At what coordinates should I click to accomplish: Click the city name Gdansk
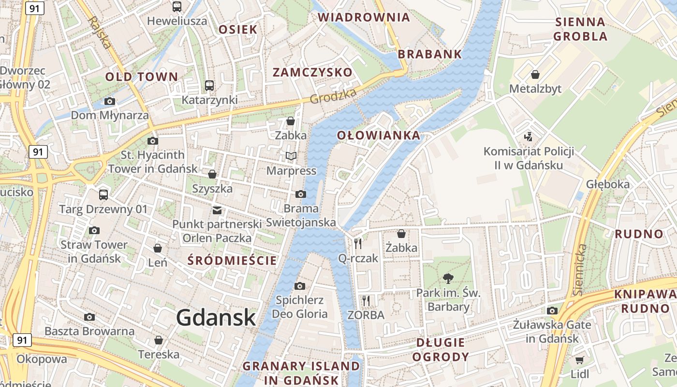pos(216,318)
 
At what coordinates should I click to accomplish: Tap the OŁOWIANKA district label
pos(379,135)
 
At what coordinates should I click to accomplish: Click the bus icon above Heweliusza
pos(177,7)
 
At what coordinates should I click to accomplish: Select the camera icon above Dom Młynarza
pos(110,101)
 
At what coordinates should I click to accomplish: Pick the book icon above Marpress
pos(291,156)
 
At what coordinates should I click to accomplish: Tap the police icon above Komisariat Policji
pos(529,137)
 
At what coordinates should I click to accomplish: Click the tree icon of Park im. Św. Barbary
pos(448,278)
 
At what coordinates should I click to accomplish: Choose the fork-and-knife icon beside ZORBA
pos(366,301)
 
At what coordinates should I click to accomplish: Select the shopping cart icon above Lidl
pos(579,360)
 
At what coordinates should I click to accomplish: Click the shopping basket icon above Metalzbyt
pos(535,74)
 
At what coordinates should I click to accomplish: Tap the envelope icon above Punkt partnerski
pos(217,210)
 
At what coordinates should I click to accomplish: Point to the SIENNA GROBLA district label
pos(580,29)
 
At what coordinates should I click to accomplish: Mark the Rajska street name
pos(101,32)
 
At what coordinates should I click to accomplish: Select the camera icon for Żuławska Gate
pos(552,311)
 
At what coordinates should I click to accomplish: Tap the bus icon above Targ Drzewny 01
pos(103,195)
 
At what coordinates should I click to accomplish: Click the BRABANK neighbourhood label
pos(430,54)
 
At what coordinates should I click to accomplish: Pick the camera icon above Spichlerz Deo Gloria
pos(300,286)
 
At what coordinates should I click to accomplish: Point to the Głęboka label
pos(608,184)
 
